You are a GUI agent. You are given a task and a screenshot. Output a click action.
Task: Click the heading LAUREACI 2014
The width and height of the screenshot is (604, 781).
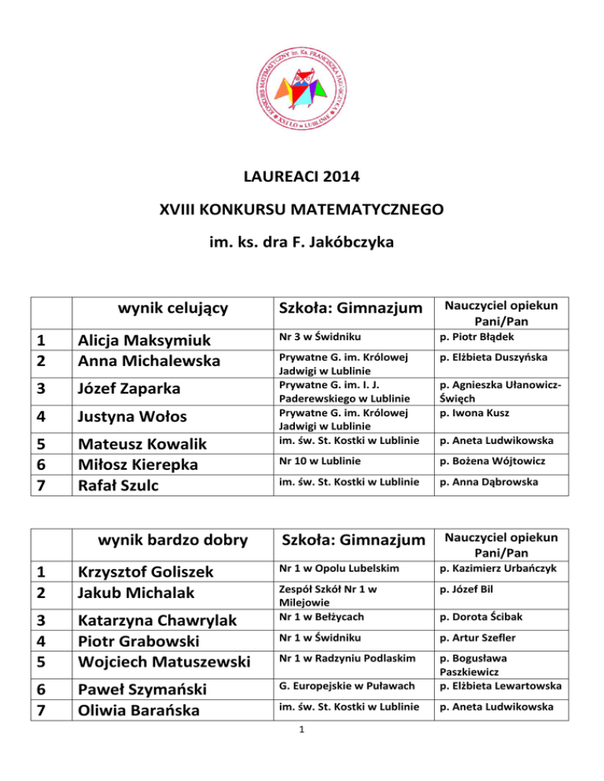302,177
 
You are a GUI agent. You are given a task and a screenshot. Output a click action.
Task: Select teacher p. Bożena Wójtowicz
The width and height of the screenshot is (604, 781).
487,460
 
